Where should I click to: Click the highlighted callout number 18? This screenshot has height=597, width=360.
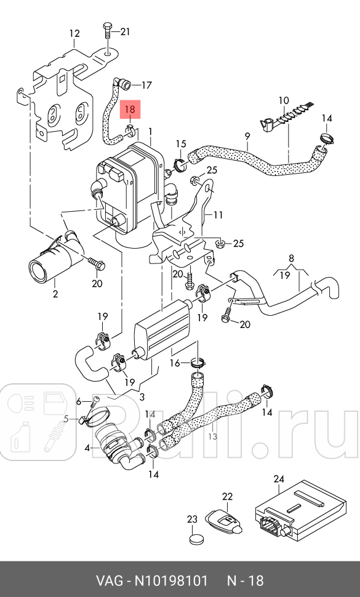(x=130, y=110)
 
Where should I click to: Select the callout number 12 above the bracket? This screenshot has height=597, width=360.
(x=74, y=33)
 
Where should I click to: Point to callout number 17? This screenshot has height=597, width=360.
(x=146, y=85)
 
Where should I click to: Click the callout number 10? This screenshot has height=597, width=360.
(x=283, y=100)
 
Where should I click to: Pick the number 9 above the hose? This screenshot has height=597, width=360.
(x=247, y=136)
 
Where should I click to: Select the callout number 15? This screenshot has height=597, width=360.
(x=180, y=144)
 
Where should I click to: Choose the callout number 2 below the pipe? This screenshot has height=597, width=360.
(x=55, y=294)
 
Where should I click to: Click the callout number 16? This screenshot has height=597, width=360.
(x=175, y=363)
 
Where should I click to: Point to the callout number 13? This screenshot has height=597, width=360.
(x=212, y=436)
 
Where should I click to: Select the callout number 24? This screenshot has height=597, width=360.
(x=279, y=479)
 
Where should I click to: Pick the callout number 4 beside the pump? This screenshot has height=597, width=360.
(x=87, y=448)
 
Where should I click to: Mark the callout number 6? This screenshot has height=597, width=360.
(x=78, y=401)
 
